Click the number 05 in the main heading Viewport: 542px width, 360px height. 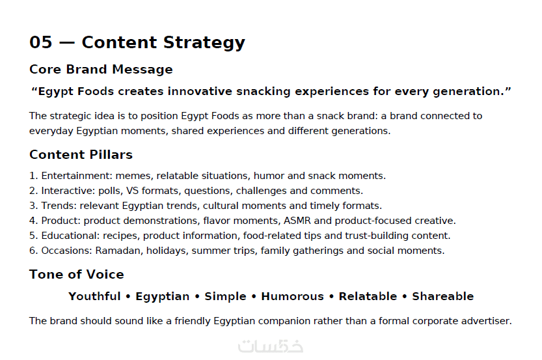coord(41,42)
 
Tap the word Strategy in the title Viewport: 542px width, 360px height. coord(204,43)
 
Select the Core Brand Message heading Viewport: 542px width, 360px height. coord(101,70)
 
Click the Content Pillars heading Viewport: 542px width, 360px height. coord(81,154)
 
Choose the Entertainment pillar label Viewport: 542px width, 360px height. coord(77,176)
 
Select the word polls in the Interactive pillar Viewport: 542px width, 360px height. coord(110,191)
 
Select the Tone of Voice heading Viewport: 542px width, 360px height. coord(77,275)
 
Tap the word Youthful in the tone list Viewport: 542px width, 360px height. coord(94,296)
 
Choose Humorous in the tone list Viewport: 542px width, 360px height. coord(292,296)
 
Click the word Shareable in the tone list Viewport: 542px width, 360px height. coord(443,296)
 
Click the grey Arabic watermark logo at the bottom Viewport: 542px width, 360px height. coord(271,346)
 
